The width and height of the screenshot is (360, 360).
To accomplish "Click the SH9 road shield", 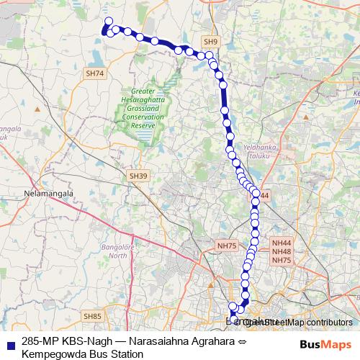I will pyautogui.click(x=210, y=42).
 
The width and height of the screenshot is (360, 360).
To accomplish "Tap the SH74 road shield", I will pyautogui.click(x=94, y=73).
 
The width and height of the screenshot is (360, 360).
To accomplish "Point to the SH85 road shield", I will pyautogui.click(x=92, y=316).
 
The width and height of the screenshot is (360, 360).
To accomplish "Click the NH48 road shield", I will pyautogui.click(x=282, y=252).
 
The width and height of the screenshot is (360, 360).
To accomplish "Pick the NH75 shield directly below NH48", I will pyautogui.click(x=282, y=260).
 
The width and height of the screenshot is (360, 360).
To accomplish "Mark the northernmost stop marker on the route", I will pyautogui.click(x=109, y=22).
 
